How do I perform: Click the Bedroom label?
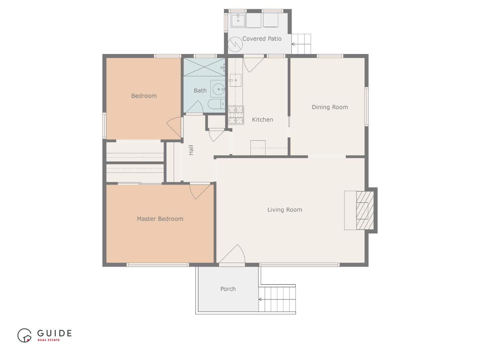[144, 96]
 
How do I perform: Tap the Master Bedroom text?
[160, 219]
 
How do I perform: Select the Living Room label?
[285, 210]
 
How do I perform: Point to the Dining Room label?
[330, 107]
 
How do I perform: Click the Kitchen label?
[262, 120]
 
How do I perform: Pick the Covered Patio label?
[262, 39]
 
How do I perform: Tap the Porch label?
[228, 289]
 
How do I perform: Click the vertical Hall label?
[191, 150]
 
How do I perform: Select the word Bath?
[200, 90]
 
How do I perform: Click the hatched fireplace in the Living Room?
[365, 210]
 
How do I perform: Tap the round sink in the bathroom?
[218, 89]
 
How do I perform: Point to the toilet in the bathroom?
[216, 104]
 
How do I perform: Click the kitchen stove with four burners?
[236, 115]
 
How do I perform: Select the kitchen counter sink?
[236, 80]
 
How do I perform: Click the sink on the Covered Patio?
[238, 20]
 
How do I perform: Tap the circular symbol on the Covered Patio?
[235, 44]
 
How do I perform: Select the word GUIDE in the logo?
[54, 333]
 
